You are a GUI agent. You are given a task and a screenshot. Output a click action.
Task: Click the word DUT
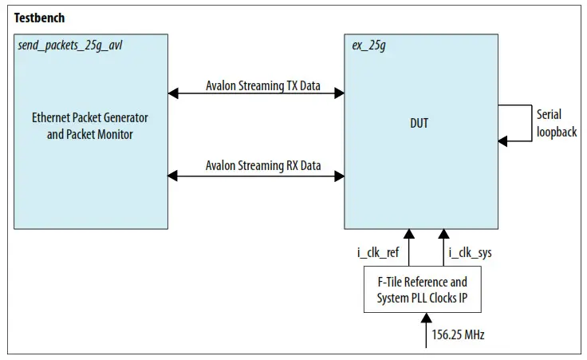[418, 124]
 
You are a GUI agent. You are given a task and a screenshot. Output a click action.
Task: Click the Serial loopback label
[556, 124]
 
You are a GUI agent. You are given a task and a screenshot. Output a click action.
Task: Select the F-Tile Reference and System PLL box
[422, 291]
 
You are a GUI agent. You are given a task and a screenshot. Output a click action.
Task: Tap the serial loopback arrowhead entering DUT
[503, 141]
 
